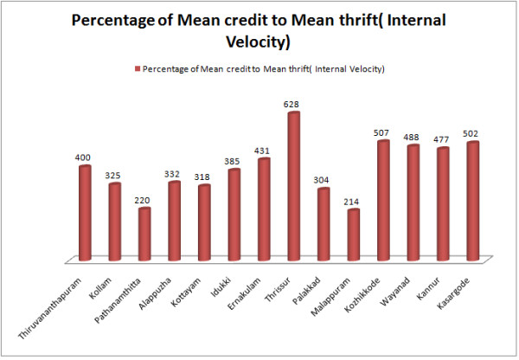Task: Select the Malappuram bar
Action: click(x=353, y=235)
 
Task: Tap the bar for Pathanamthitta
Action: click(x=144, y=234)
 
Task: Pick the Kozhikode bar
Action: click(x=383, y=200)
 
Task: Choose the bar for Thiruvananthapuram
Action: click(x=85, y=212)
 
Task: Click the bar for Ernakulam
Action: click(x=264, y=209)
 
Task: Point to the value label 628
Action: click(x=293, y=105)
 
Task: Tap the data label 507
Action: click(x=383, y=133)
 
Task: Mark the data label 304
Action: click(x=324, y=181)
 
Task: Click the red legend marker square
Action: click(x=137, y=67)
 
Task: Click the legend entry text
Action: click(x=263, y=67)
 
